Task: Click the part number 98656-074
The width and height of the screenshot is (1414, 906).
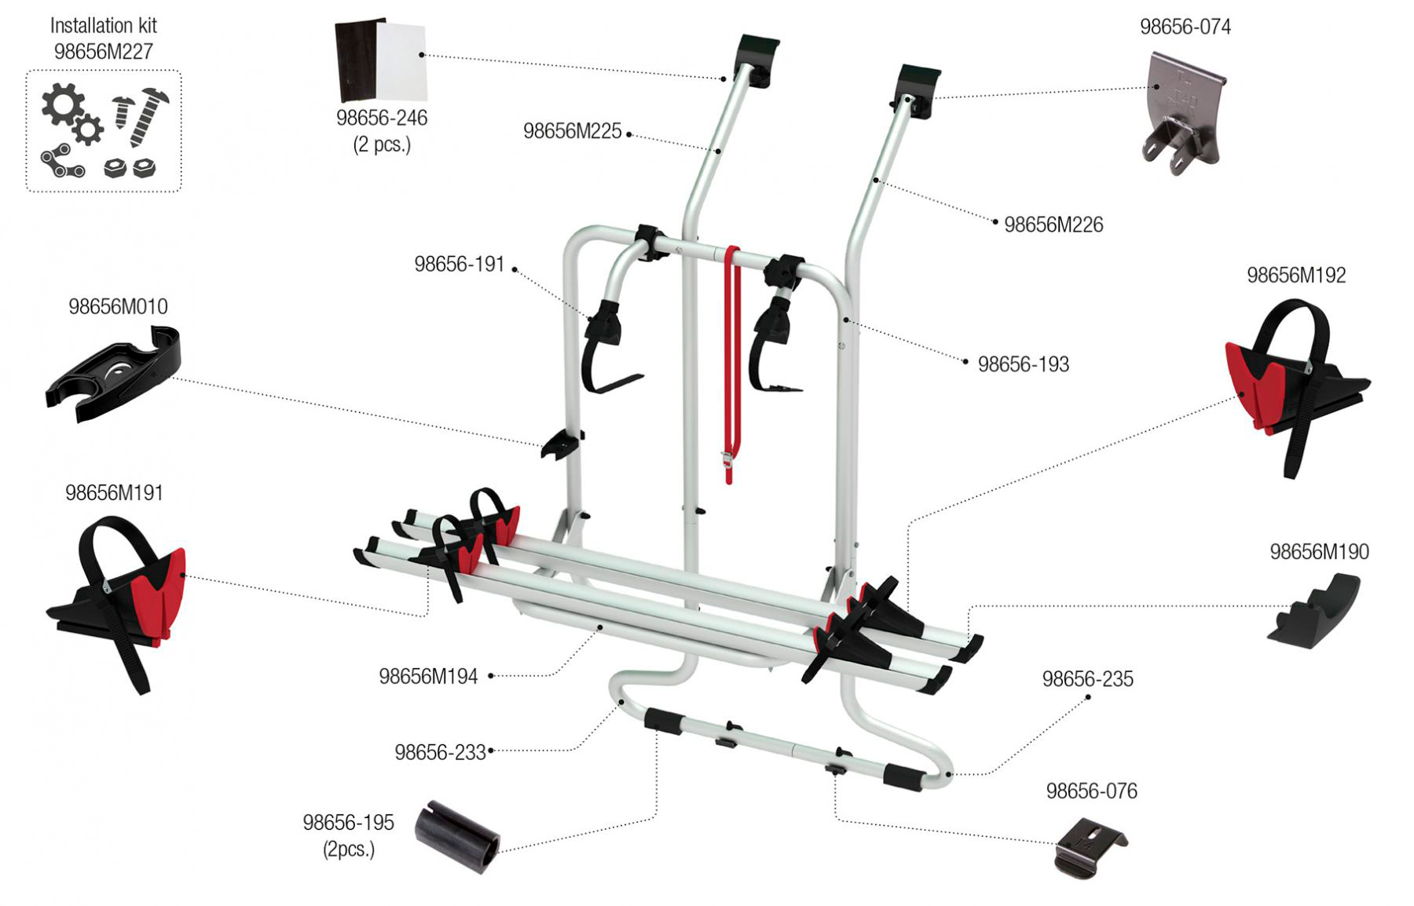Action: (1185, 27)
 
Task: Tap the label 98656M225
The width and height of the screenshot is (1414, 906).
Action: (572, 131)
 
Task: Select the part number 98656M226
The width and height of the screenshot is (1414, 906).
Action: (1053, 225)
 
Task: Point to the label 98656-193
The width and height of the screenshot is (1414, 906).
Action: (1023, 364)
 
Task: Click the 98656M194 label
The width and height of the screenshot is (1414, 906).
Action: (428, 676)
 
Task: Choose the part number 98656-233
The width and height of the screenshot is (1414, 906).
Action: (440, 752)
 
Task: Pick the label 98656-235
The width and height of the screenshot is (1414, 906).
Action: (1087, 679)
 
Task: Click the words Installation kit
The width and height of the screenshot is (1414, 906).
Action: (103, 25)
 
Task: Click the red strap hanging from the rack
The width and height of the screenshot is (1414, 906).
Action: (731, 361)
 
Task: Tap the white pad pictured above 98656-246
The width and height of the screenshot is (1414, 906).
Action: (401, 62)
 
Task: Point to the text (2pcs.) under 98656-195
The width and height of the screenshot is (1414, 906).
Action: (349, 849)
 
